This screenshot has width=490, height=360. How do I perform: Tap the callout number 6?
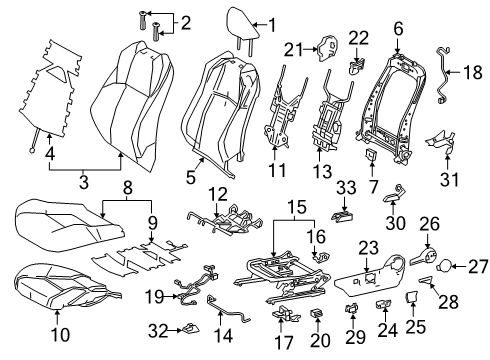398,28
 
